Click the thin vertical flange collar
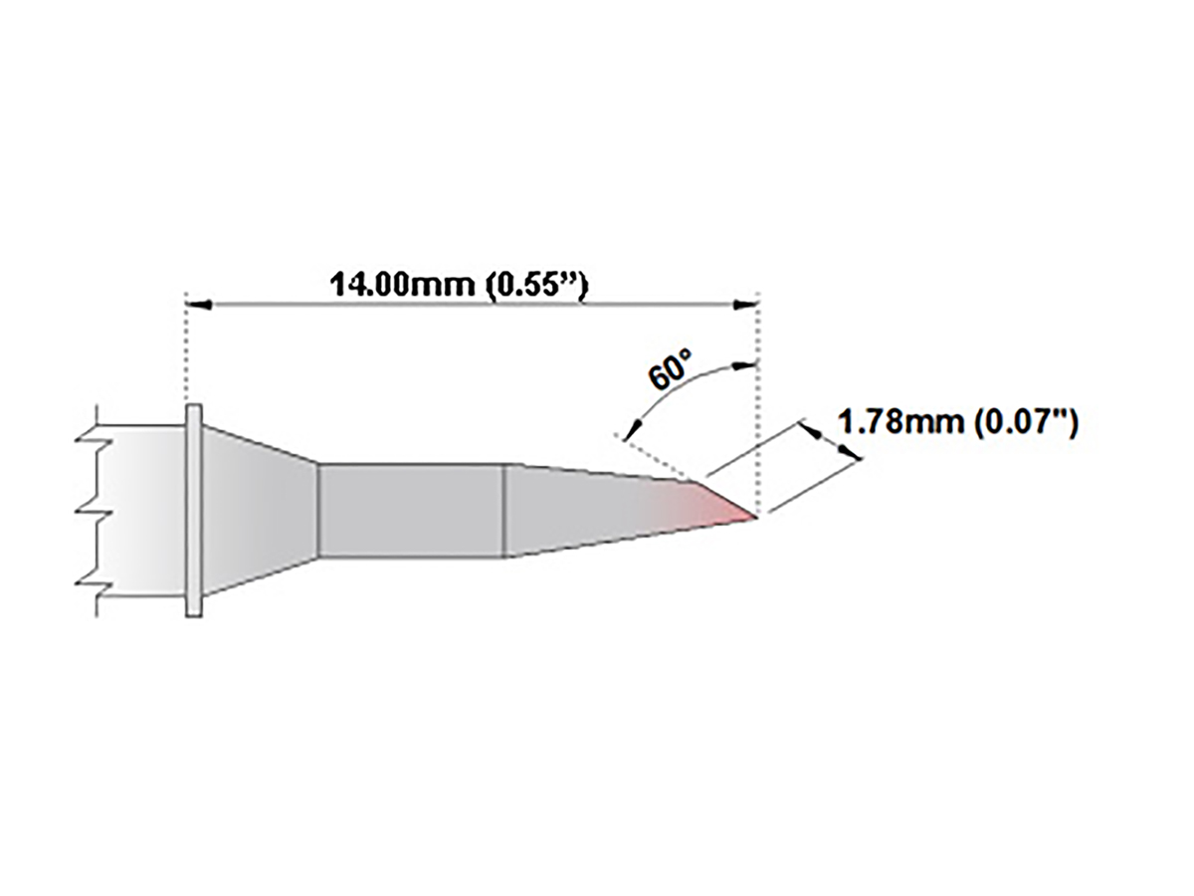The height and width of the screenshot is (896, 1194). [x=194, y=512]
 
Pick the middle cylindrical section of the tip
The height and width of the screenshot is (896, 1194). [x=410, y=511]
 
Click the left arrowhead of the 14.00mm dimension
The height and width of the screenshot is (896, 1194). [x=197, y=304]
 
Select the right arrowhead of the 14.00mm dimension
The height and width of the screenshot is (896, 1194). [x=749, y=304]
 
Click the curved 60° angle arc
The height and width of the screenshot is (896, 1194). [x=687, y=383]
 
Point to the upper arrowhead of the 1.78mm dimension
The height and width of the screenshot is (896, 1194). [x=810, y=430]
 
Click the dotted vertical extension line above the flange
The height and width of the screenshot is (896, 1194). [x=187, y=348]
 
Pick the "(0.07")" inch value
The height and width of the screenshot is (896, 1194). [x=1024, y=422]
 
